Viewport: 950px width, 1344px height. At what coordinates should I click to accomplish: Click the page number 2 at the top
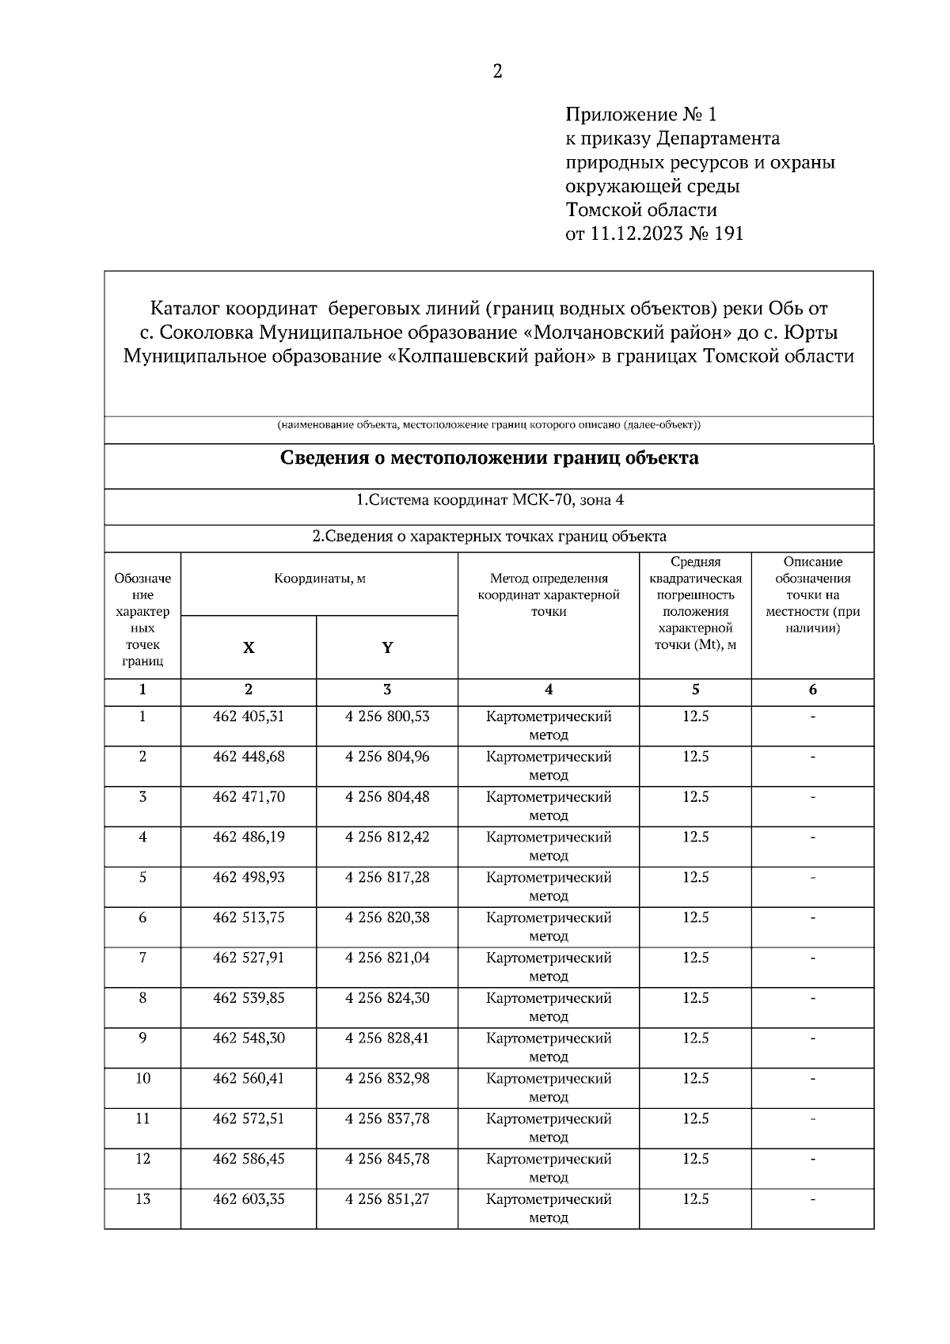(x=497, y=72)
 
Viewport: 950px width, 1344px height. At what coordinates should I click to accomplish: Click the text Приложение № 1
(x=640, y=115)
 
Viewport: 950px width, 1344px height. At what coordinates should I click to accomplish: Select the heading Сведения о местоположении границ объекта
(x=489, y=457)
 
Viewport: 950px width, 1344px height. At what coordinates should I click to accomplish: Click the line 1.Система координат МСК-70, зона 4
(x=489, y=500)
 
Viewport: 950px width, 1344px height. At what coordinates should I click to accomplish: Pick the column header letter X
(x=249, y=647)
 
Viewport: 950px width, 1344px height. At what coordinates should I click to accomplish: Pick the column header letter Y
(x=387, y=647)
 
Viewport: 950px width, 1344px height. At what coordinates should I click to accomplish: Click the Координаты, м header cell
(x=320, y=579)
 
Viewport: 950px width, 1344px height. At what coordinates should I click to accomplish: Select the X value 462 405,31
(x=249, y=716)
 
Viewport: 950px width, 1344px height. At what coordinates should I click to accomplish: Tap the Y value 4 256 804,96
(x=387, y=757)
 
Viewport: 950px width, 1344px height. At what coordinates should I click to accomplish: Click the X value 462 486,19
(x=249, y=837)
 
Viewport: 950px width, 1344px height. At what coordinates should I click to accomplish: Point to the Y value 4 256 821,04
(x=387, y=958)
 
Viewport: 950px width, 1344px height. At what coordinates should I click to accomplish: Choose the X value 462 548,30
(x=249, y=1038)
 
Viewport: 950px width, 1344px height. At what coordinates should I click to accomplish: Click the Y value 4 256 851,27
(x=387, y=1199)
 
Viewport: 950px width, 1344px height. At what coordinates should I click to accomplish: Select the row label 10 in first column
(x=142, y=1078)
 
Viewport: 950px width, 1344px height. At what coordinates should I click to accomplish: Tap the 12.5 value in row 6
(x=695, y=917)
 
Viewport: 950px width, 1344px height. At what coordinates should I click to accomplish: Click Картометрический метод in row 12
(x=549, y=1167)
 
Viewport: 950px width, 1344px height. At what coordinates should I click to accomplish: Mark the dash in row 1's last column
(x=812, y=717)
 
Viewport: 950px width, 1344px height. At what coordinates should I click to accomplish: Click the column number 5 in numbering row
(x=695, y=689)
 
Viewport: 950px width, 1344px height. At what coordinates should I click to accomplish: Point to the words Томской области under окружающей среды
(x=641, y=210)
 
